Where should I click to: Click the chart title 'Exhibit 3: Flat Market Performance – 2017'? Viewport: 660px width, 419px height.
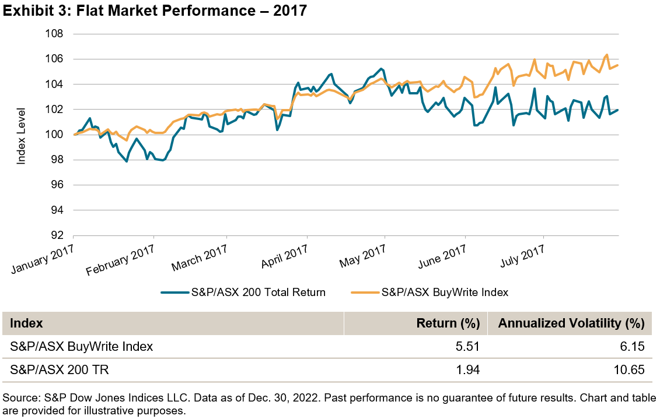click(x=155, y=11)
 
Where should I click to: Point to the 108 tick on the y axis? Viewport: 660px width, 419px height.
click(x=54, y=34)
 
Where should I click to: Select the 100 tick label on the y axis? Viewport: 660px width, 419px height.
click(x=54, y=135)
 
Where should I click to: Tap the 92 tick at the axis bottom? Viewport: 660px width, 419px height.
click(x=57, y=235)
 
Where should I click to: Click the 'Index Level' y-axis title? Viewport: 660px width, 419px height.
click(x=22, y=135)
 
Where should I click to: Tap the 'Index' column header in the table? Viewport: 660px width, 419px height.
click(x=27, y=323)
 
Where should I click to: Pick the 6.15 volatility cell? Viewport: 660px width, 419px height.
click(x=632, y=347)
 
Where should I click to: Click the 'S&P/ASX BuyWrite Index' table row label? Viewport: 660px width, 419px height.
click(x=82, y=347)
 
